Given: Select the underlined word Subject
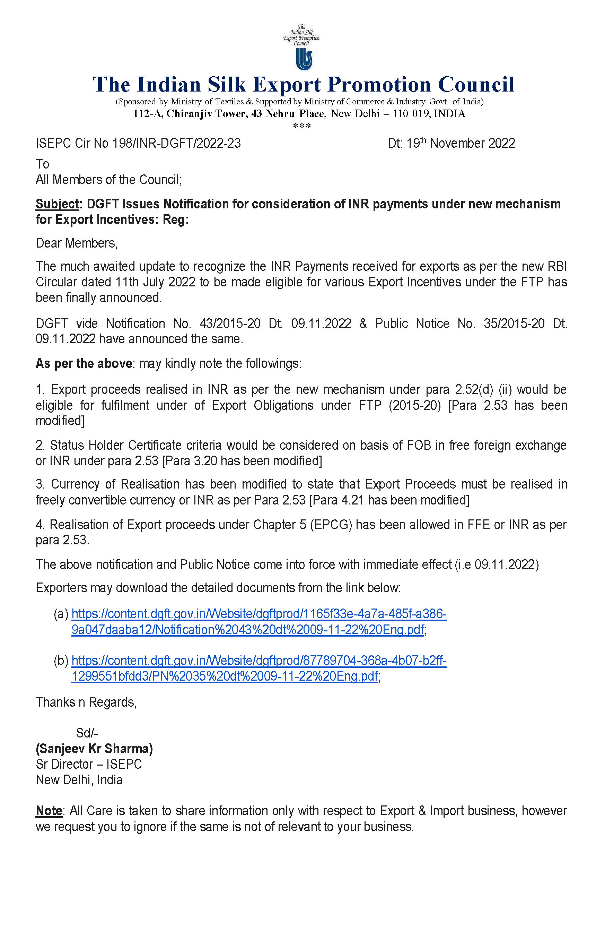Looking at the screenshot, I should click(58, 204).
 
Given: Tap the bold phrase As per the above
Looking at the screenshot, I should click(84, 363).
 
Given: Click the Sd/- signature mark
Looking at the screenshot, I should click(87, 733).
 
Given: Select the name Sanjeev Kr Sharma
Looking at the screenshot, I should click(94, 748).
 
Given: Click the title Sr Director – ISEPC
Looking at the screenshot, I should click(89, 764).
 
